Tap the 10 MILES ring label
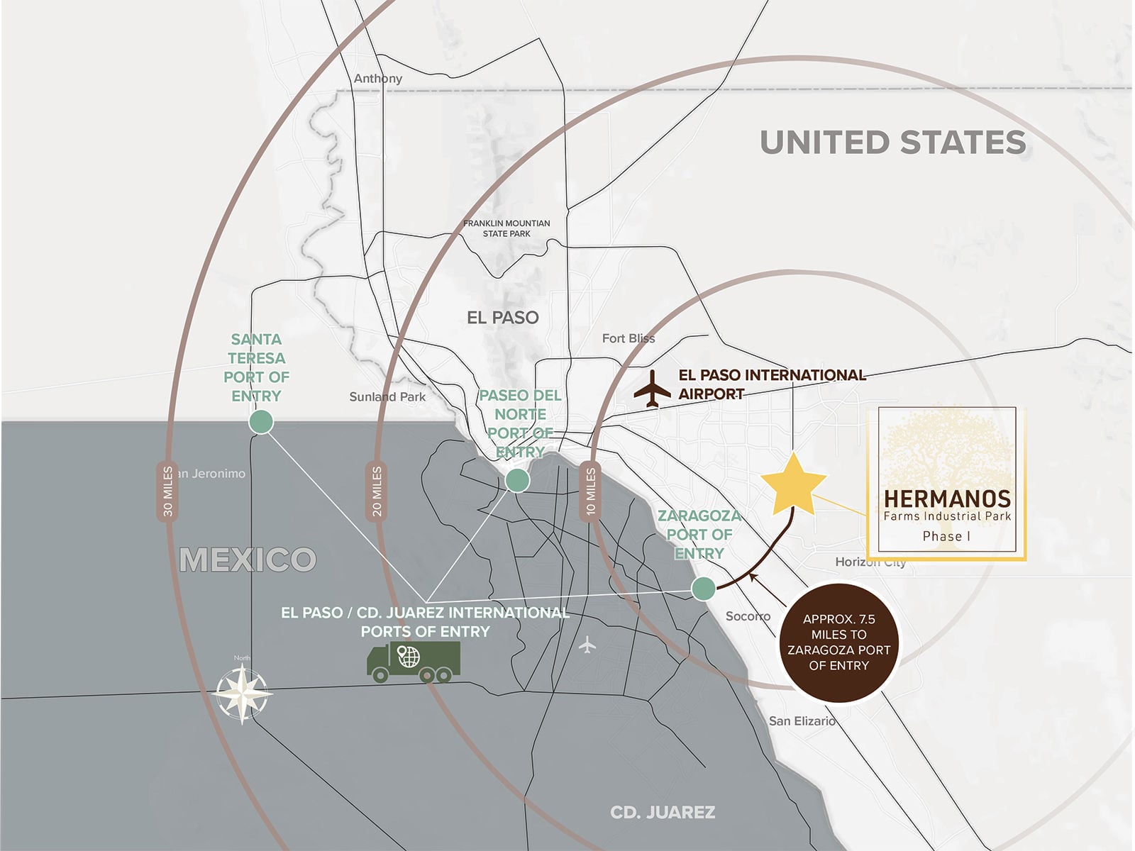tap(590, 491)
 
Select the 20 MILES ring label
tap(376, 491)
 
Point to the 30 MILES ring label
tap(167, 491)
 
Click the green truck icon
tap(413, 661)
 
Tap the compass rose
tap(243, 693)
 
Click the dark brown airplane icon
tap(652, 389)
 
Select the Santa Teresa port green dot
tap(261, 422)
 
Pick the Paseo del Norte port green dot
tap(517, 480)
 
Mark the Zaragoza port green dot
tap(703, 588)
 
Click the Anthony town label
tap(378, 79)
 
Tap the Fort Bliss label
tap(629, 338)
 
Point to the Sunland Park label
tap(387, 397)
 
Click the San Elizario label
tap(802, 721)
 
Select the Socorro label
tap(748, 616)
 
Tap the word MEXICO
tap(248, 560)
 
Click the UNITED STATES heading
tap(892, 143)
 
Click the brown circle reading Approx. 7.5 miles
tap(838, 643)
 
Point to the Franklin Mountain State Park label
tap(506, 228)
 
